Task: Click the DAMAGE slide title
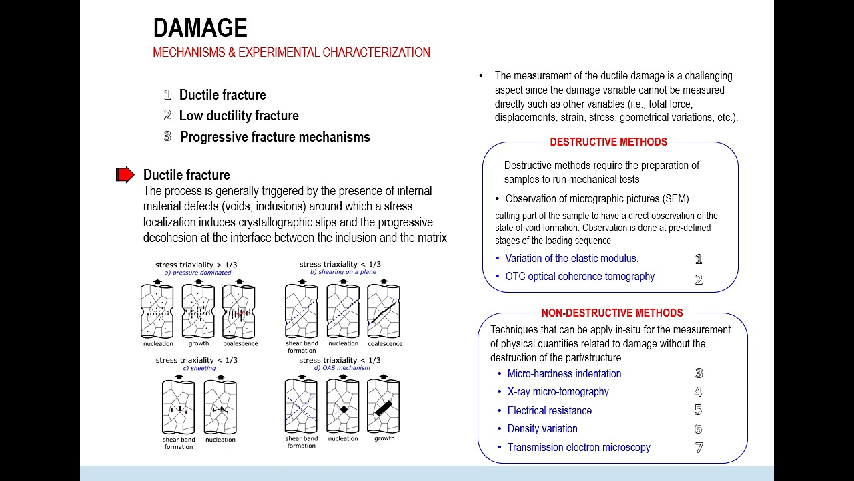200,28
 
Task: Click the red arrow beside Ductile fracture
125,175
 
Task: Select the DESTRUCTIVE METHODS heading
608,142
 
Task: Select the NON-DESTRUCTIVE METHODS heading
612,313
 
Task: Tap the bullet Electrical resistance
549,410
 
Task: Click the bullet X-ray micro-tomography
558,392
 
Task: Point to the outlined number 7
699,448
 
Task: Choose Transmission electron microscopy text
578,448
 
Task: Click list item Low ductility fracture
238,116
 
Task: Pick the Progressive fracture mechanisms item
275,137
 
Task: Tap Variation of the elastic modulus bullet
571,259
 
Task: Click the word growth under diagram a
198,343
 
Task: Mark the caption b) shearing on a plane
343,272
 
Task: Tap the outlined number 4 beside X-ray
699,392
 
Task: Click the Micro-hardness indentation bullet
564,374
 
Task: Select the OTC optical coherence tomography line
579,277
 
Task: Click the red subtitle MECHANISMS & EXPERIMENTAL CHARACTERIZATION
292,53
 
